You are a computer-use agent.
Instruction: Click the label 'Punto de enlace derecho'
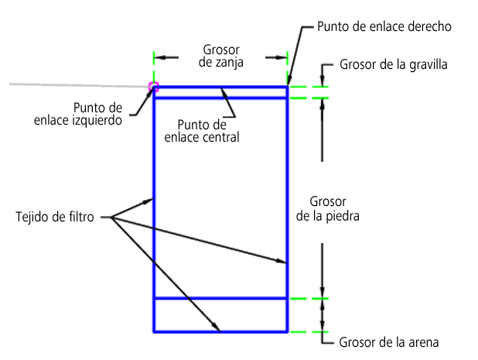(x=384, y=26)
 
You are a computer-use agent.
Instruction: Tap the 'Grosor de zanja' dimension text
(x=221, y=56)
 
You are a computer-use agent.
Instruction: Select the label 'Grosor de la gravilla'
(x=393, y=65)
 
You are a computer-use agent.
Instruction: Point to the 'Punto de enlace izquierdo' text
(x=78, y=114)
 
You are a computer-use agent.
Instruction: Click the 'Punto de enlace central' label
(x=202, y=131)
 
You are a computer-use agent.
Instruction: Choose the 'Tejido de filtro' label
(x=55, y=217)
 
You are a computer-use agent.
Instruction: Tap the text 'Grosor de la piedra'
(x=328, y=209)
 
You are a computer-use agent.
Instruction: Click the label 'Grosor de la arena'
(x=389, y=342)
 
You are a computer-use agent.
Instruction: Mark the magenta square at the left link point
(x=153, y=87)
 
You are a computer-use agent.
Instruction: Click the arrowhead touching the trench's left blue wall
(x=148, y=201)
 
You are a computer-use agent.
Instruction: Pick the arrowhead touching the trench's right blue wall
(x=281, y=261)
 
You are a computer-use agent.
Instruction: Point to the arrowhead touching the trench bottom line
(x=216, y=327)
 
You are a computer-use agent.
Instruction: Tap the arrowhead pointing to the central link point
(x=224, y=92)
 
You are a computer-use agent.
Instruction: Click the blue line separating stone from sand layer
(x=220, y=298)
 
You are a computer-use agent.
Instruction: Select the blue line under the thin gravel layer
(x=220, y=98)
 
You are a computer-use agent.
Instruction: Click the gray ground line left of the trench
(x=79, y=85)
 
